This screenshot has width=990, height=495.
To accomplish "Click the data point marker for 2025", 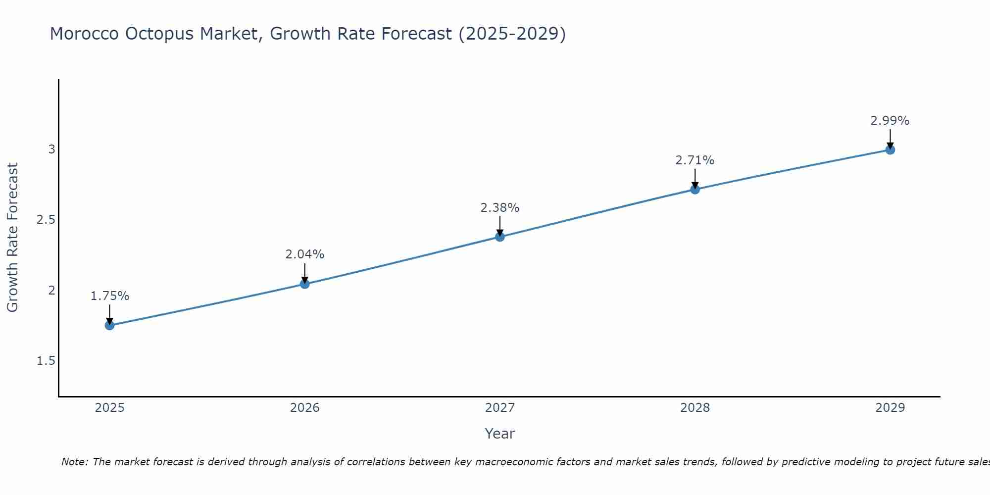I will (109, 325).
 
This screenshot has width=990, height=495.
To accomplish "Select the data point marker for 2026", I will (304, 284).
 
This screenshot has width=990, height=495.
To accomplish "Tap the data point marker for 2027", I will (500, 237).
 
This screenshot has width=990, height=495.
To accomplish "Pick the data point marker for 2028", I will (695, 189).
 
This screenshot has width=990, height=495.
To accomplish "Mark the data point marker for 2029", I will (890, 149).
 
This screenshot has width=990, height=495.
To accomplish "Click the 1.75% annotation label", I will (109, 296).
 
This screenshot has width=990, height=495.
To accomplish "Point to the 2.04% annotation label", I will (304, 254).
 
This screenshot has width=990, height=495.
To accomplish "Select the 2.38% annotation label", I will (500, 208).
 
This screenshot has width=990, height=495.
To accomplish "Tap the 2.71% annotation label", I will (695, 160).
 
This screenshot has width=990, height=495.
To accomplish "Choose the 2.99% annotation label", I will (890, 121).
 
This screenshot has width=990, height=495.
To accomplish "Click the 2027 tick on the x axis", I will (500, 408).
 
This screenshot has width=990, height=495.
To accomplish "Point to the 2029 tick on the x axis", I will (890, 408).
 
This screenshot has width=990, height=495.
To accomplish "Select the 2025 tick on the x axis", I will (109, 408).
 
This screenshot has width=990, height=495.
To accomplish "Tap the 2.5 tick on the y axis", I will (46, 220).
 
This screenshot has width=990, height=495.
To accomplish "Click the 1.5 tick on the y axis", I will (46, 361).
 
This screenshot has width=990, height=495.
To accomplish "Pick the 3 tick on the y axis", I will (51, 149).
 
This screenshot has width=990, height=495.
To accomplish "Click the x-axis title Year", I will (500, 434).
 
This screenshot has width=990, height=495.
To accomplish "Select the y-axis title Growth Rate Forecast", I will (12, 238).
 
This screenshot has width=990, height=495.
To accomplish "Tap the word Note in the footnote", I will (74, 462).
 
